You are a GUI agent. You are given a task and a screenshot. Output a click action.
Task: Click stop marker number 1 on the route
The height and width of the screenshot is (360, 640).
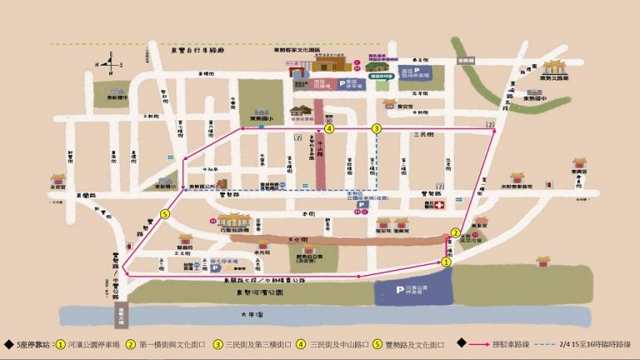(446, 261)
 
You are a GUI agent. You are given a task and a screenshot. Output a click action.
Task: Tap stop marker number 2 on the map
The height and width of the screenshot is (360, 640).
(455, 232)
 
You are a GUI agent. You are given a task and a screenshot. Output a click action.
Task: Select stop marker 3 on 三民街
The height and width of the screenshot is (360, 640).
(377, 128)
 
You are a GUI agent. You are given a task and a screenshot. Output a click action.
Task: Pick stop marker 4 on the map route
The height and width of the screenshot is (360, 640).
(330, 128)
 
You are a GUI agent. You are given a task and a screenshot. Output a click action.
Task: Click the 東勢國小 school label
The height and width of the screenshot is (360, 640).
(262, 118)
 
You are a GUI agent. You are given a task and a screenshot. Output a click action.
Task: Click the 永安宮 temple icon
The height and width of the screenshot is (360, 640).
(58, 180)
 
